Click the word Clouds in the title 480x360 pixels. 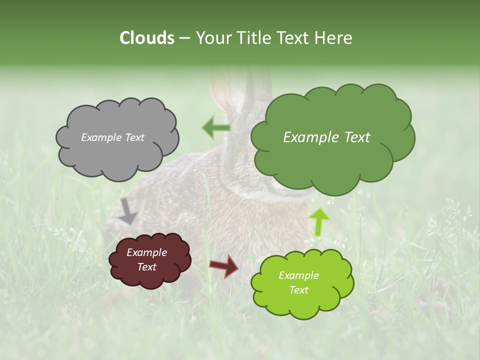coord(147,38)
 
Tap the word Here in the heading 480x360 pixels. coord(333,38)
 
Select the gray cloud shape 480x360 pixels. coord(117,155)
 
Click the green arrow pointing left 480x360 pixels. coord(216,127)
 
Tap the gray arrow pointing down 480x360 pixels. coord(128,210)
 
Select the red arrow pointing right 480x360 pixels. coord(223,265)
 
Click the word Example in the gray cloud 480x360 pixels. coord(100,137)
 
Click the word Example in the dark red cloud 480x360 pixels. coord(146,252)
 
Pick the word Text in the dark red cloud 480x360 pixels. coord(146,267)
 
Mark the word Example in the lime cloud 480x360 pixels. coord(298,275)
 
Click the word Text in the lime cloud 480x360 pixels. coord(298,290)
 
